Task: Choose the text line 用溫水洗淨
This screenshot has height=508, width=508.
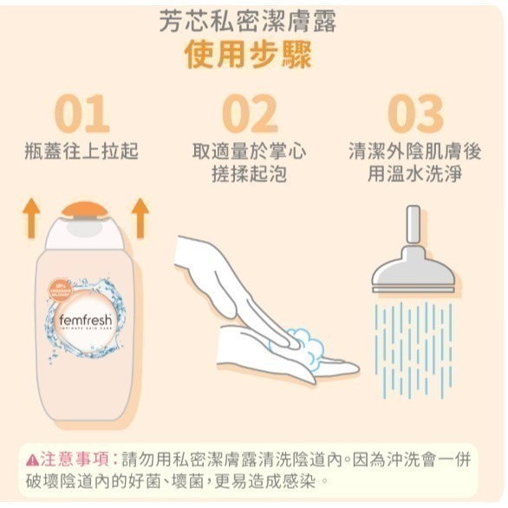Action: click(414, 173)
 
